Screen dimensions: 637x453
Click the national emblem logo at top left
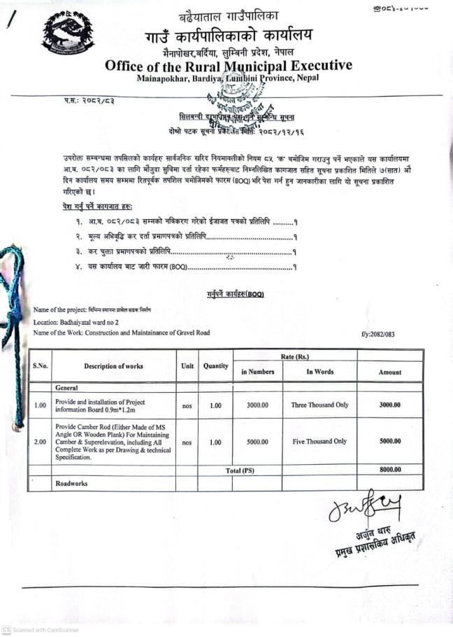point(68,34)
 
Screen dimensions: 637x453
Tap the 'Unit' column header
point(187,366)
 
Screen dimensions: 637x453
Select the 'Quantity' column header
point(215,366)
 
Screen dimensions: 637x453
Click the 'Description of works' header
point(113,366)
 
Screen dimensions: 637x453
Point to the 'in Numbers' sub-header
point(258,372)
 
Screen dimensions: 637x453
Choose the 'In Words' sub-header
point(319,372)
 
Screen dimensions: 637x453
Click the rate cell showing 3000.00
point(258,405)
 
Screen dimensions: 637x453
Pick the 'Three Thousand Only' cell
point(319,405)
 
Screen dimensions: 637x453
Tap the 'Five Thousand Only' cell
point(319,442)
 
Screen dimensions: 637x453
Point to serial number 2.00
point(40,442)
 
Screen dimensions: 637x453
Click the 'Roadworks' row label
point(73,483)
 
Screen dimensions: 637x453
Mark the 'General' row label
point(67,387)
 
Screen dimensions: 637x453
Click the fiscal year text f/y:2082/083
point(377,334)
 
